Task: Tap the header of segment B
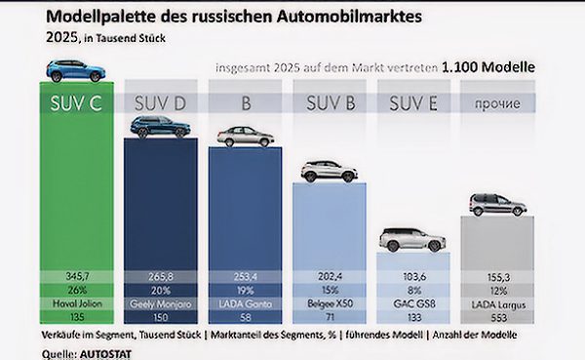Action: [x=244, y=102]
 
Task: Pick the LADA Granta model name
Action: [x=244, y=303]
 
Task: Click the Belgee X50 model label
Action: [x=330, y=303]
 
